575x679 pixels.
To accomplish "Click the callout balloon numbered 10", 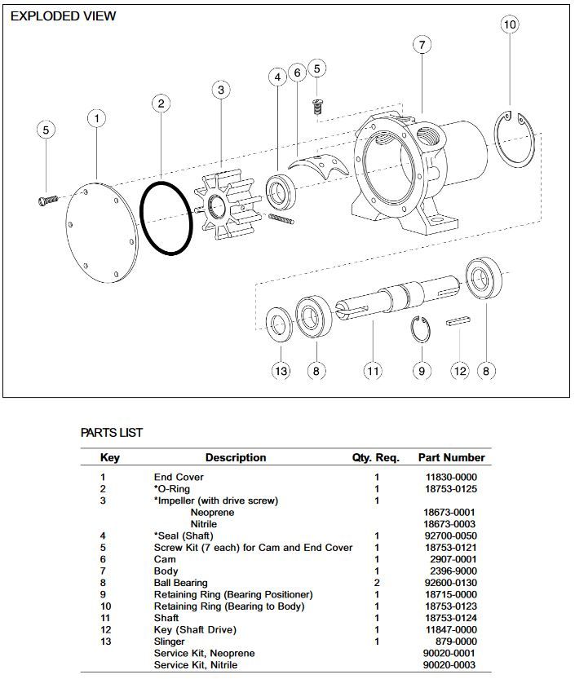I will [x=510, y=25].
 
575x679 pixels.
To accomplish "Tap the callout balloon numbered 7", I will [x=422, y=45].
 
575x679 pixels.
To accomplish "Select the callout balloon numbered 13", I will [x=281, y=371].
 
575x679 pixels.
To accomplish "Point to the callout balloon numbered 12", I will [x=461, y=371].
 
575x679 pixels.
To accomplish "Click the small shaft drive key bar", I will [x=460, y=322].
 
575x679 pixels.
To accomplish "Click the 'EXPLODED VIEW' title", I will [x=63, y=15].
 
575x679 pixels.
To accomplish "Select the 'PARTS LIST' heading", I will [x=112, y=433].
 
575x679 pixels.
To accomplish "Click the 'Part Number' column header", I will [x=451, y=457].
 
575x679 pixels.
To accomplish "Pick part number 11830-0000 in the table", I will [x=451, y=477].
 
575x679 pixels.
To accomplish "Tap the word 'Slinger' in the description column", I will [x=170, y=642].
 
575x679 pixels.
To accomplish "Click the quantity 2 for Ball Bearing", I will [x=377, y=583].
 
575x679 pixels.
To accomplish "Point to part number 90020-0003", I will [x=451, y=665].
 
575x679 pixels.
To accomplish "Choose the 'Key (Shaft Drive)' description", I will [x=194, y=630].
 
